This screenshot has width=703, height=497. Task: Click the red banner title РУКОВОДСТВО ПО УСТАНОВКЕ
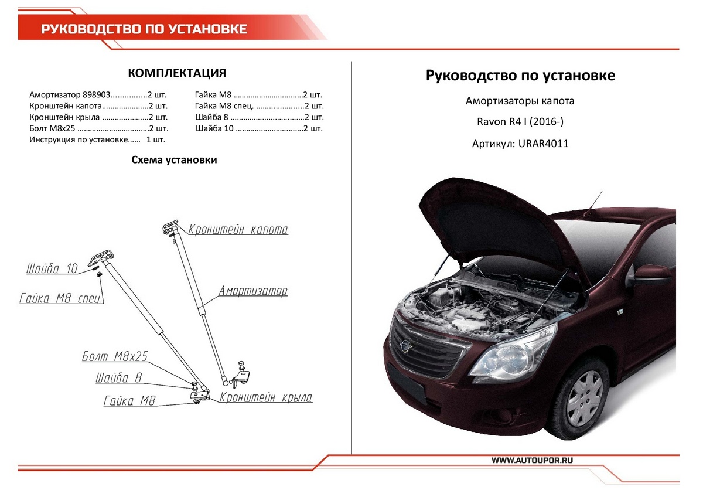pyautogui.click(x=144, y=29)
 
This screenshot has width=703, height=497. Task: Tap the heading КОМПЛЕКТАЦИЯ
pyautogui.click(x=177, y=73)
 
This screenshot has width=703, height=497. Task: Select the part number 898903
pyautogui.click(x=97, y=94)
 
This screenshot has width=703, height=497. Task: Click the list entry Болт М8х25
pyautogui.click(x=52, y=128)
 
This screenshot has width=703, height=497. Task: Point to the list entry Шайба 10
pyautogui.click(x=214, y=128)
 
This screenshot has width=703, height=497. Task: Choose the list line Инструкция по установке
pyautogui.click(x=79, y=139)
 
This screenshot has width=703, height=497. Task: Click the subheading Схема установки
pyautogui.click(x=174, y=160)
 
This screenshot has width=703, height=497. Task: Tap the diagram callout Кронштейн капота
pyautogui.click(x=238, y=230)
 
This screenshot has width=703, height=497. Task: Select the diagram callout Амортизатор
pyautogui.click(x=253, y=291)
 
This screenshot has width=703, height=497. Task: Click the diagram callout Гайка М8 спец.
pyautogui.click(x=62, y=298)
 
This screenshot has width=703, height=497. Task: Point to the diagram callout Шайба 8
pyautogui.click(x=118, y=377)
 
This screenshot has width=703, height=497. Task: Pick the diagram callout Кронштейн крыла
pyautogui.click(x=266, y=397)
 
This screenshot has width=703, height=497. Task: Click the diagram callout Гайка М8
pyautogui.click(x=129, y=401)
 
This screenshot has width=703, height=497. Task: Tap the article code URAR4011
pyautogui.click(x=543, y=144)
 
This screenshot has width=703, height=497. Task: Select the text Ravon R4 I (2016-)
pyautogui.click(x=520, y=121)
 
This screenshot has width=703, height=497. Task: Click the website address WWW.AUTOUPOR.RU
pyautogui.click(x=533, y=460)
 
